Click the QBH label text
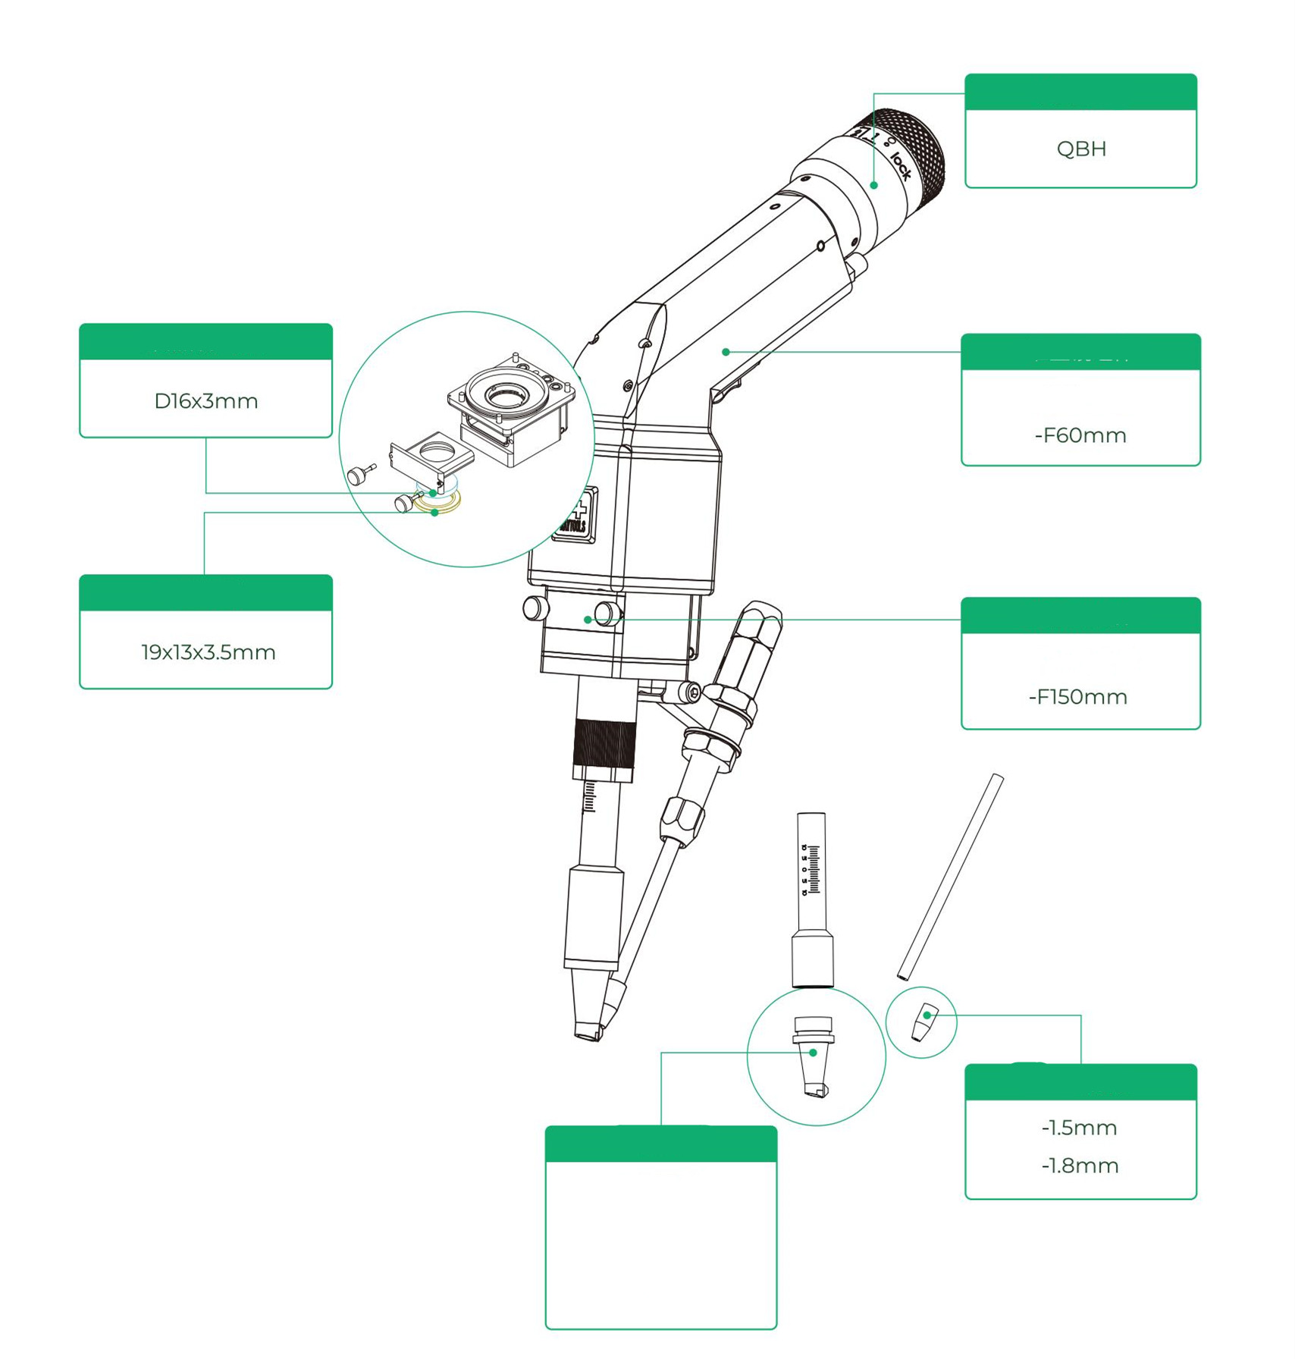click(x=1081, y=149)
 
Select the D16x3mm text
click(x=206, y=401)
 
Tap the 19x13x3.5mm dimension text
click(x=208, y=652)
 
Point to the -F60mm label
click(x=1080, y=435)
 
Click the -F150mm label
click(x=1078, y=697)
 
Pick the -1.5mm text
click(x=1080, y=1128)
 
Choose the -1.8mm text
click(x=1080, y=1166)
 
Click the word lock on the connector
click(x=900, y=165)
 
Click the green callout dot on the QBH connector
click(x=873, y=185)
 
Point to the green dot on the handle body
click(x=726, y=352)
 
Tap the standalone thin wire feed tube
click(x=950, y=876)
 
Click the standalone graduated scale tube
click(x=812, y=895)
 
